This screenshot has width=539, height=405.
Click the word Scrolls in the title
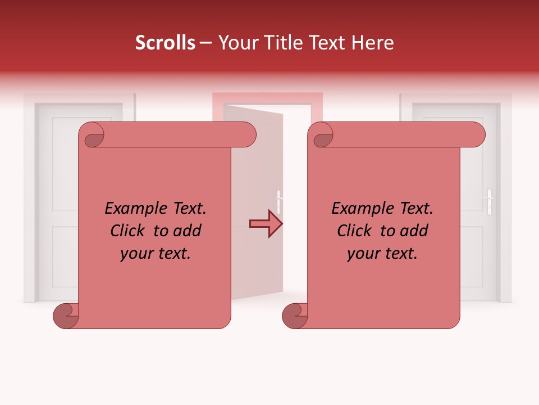[166, 43]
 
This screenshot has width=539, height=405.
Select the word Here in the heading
[373, 43]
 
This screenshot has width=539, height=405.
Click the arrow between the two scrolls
[266, 224]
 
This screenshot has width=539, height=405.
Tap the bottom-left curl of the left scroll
[66, 316]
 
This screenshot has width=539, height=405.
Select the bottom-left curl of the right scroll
[295, 316]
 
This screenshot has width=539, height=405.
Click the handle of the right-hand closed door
[490, 201]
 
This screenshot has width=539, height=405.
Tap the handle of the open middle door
[278, 201]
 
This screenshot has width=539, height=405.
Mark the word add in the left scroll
[188, 231]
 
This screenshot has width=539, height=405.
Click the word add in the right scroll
[415, 231]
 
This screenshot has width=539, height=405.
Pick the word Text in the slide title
[331, 43]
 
